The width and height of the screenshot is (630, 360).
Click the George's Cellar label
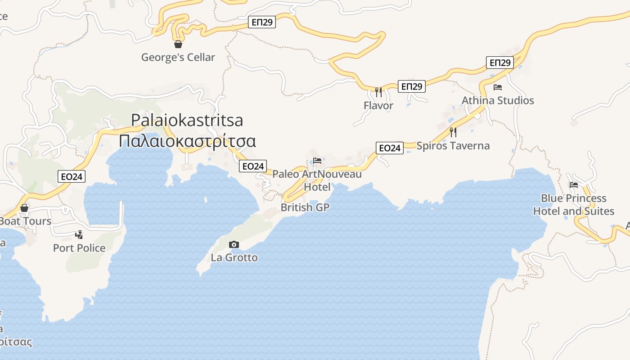click(178, 57)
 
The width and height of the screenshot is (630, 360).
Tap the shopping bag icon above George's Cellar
click(178, 44)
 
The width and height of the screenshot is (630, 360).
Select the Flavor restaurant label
click(378, 106)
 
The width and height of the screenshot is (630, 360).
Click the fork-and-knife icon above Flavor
click(378, 92)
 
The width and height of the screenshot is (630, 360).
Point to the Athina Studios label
click(498, 100)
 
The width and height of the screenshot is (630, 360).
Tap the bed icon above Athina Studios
click(498, 87)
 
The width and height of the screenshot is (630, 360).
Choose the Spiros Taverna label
click(453, 146)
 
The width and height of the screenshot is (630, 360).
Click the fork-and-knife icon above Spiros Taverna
click(453, 132)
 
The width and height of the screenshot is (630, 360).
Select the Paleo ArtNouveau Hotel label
click(317, 180)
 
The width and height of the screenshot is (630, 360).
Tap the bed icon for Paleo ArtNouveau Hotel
click(317, 161)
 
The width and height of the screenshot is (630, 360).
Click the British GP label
click(305, 207)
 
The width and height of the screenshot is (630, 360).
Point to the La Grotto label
click(234, 258)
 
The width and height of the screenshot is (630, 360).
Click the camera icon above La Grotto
click(234, 244)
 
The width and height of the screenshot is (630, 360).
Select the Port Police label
click(79, 248)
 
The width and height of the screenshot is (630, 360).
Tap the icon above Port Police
click(79, 234)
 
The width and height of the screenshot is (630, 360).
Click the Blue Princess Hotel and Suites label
click(574, 205)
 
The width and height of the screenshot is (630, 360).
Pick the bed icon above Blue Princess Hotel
click(574, 185)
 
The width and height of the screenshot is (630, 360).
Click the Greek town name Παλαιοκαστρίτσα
click(188, 141)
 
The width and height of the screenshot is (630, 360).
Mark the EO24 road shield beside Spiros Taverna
click(390, 148)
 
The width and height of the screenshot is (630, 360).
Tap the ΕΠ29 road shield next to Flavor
click(412, 86)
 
